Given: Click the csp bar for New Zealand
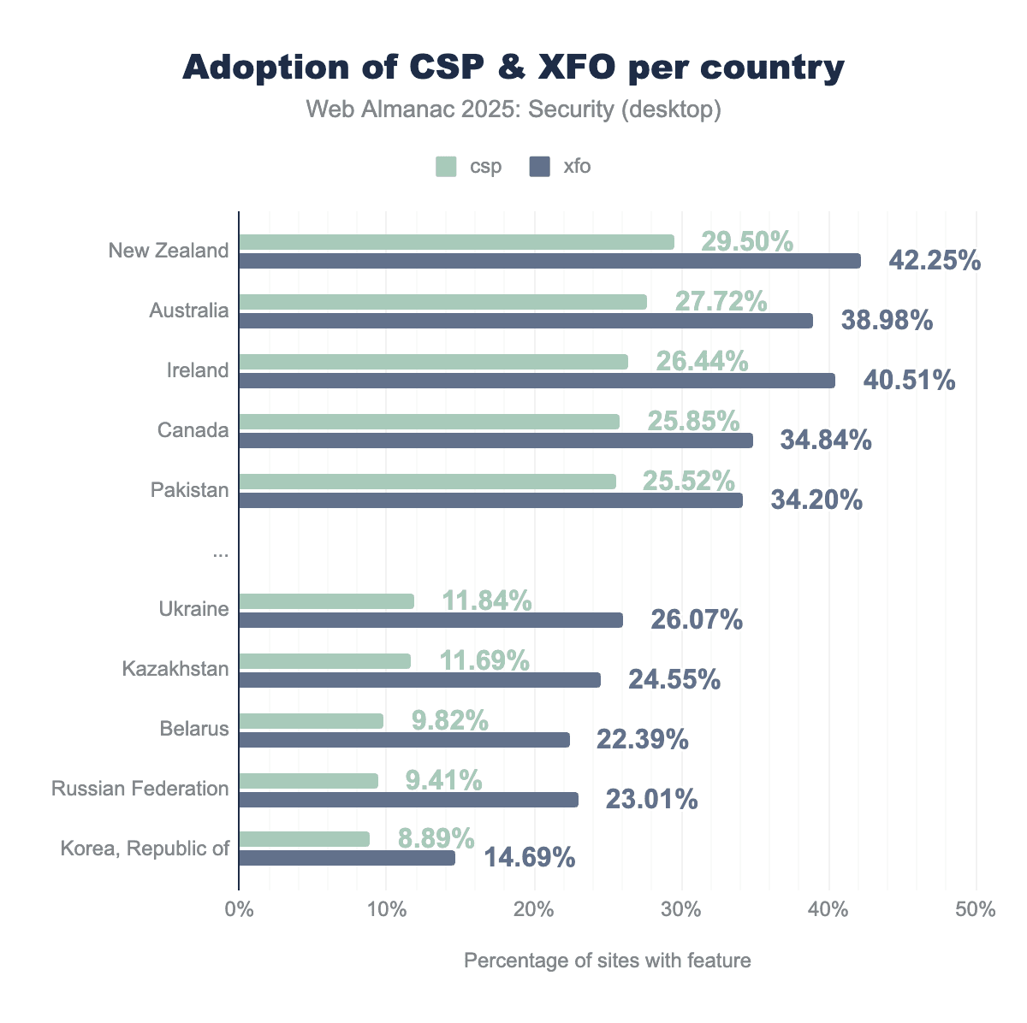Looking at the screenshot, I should click(x=456, y=242).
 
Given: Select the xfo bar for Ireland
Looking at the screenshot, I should click(x=537, y=381).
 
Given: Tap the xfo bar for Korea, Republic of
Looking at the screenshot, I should click(x=347, y=858).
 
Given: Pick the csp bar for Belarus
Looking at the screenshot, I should click(x=311, y=721).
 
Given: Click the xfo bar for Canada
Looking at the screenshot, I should click(x=496, y=441).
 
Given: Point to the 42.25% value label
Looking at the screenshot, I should click(x=935, y=260).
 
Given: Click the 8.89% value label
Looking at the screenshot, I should click(x=436, y=837).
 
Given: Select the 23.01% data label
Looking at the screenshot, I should click(x=651, y=800).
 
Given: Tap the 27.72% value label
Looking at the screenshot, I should click(x=721, y=300).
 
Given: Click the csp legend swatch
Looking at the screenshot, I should click(x=447, y=166).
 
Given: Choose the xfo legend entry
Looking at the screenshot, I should click(x=560, y=166).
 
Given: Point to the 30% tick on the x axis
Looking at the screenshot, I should click(x=681, y=909).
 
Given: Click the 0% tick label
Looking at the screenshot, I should click(x=239, y=909).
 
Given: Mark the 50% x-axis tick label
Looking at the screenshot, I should click(x=977, y=909).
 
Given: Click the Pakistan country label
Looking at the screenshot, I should click(x=189, y=490).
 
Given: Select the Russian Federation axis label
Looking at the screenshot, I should click(x=140, y=788).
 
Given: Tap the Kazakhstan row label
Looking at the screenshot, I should click(x=175, y=668).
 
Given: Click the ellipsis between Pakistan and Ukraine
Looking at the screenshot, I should click(x=221, y=553).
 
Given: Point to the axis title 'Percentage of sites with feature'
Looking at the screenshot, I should click(x=607, y=961).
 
